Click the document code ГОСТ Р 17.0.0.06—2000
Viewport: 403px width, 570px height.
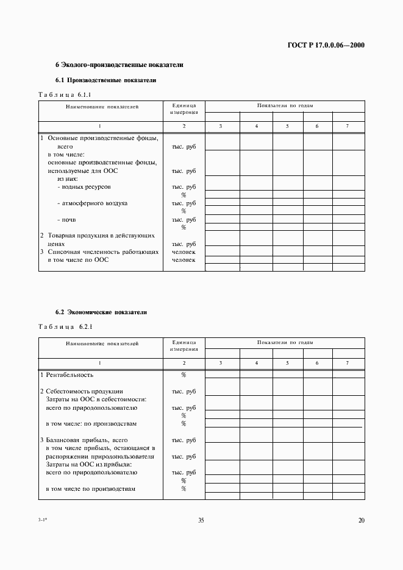[326, 45]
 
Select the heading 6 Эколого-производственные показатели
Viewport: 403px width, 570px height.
[119, 65]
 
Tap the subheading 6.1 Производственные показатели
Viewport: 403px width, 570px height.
[106, 80]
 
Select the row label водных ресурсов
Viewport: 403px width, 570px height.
[86, 187]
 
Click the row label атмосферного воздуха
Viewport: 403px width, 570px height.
[92, 203]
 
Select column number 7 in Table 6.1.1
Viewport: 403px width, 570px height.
[348, 125]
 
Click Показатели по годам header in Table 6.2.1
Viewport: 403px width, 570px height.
[285, 343]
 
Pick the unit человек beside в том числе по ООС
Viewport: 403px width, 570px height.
[184, 260]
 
